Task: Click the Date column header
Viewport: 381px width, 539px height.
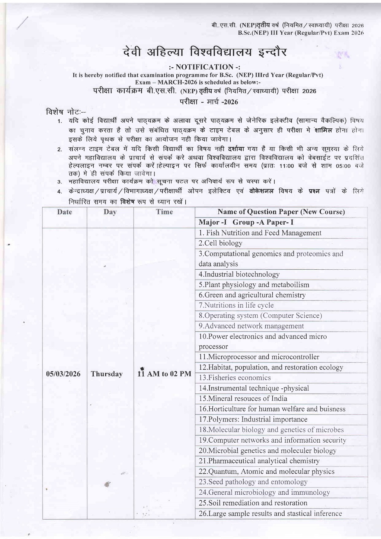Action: pos(64,212)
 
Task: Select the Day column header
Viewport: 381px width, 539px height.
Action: pos(110,212)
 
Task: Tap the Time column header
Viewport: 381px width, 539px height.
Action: pos(164,212)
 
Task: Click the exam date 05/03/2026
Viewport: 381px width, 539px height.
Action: pos(63,374)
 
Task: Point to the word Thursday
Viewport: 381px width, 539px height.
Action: pos(107,374)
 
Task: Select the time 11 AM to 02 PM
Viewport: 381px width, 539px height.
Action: pos(164,374)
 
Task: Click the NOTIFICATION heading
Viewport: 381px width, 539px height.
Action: pos(204,67)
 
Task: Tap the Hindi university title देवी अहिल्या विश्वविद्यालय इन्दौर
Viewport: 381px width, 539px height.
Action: pos(205,52)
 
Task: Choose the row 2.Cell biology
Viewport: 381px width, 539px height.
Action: pos(220,243)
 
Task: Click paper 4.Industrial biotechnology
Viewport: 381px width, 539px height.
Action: pos(239,275)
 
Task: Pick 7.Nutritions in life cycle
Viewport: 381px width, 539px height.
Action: pos(236,305)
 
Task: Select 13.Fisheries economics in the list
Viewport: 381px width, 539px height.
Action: pos(234,378)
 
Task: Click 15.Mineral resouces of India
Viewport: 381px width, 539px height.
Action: pos(243,399)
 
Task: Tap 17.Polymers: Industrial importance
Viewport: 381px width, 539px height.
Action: pos(253,420)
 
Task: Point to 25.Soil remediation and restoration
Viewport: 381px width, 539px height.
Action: pos(253,503)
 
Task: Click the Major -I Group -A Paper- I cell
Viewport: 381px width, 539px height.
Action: pos(246,222)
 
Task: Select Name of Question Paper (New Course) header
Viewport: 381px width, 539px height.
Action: pos(281,212)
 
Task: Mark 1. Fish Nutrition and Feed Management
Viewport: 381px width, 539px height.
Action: pos(260,233)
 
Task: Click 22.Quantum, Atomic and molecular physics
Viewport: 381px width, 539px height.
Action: pos(266,472)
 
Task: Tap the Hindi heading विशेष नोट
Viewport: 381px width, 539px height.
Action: pos(65,112)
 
